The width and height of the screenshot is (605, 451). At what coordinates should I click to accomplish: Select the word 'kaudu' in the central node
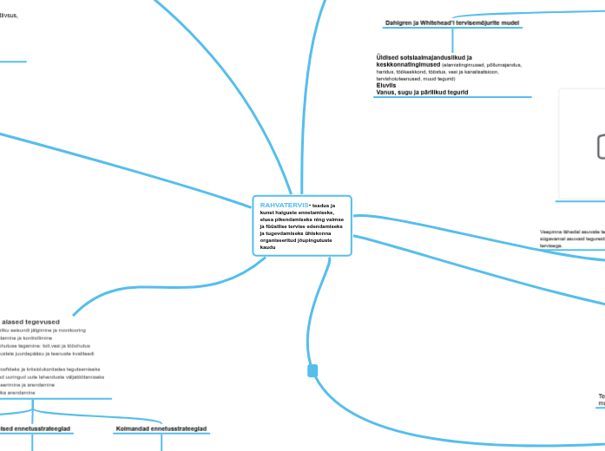(x=267, y=247)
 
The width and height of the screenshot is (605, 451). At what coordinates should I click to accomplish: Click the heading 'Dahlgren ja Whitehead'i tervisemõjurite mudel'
(x=451, y=22)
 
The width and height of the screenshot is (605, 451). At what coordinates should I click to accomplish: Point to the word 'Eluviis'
(x=387, y=85)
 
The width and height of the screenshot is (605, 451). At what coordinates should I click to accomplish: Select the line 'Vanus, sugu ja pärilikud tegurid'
(x=422, y=92)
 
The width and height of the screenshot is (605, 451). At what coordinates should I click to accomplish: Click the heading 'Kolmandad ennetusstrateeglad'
(x=161, y=428)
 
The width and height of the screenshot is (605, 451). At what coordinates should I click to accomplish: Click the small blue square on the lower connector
(x=312, y=371)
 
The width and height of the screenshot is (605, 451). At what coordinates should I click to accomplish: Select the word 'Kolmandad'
(x=135, y=428)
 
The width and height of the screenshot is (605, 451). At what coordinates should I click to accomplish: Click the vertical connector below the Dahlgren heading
(x=451, y=40)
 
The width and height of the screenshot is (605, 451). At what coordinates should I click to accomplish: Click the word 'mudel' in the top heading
(x=510, y=22)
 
